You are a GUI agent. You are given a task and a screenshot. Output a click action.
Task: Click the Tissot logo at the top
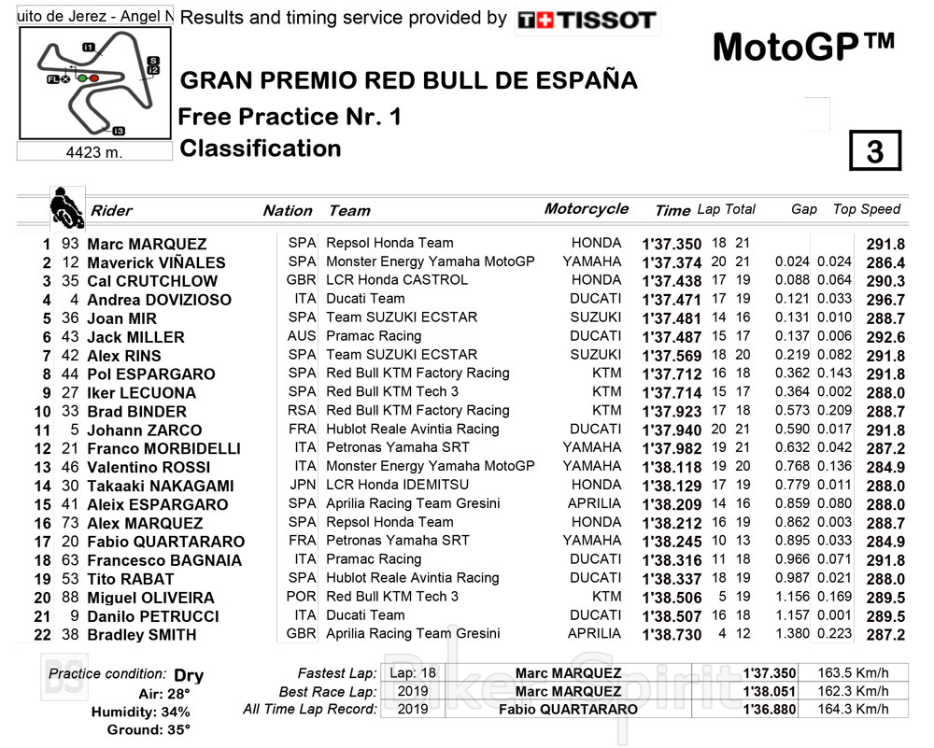click(587, 20)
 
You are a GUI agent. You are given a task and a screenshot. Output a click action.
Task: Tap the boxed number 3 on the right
click(874, 151)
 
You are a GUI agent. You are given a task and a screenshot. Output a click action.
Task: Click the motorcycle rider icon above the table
click(65, 206)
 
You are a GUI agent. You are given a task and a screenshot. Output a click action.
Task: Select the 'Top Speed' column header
click(867, 209)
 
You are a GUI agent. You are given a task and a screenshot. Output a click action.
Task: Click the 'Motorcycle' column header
click(586, 209)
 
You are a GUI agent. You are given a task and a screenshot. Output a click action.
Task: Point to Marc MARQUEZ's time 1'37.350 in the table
click(672, 244)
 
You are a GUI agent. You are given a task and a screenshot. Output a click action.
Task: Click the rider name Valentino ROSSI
click(149, 467)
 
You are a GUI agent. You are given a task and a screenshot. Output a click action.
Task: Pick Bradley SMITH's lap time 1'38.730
click(672, 634)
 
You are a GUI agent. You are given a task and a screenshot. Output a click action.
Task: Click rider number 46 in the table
click(70, 467)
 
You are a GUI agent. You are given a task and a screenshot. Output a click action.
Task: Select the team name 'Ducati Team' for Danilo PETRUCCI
click(365, 615)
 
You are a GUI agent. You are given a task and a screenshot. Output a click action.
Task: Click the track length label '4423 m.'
click(93, 152)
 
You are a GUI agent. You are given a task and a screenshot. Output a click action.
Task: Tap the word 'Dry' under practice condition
click(188, 675)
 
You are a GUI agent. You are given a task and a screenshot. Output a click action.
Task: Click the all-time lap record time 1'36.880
click(770, 709)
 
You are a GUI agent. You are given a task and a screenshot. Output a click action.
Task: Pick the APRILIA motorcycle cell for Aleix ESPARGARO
click(594, 504)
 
